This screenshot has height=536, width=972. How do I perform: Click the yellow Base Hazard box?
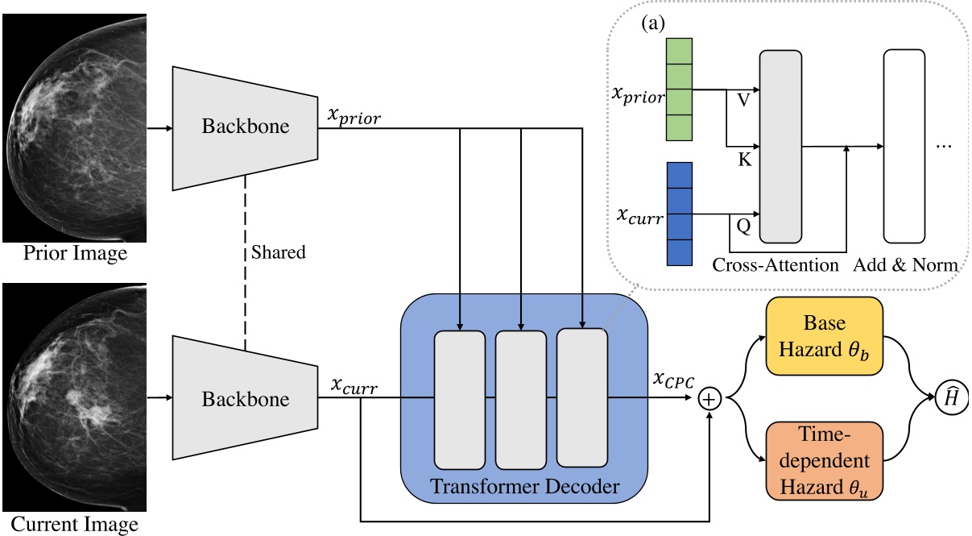824,336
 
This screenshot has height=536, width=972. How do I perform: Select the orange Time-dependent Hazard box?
824,461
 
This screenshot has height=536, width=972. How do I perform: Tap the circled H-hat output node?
951,398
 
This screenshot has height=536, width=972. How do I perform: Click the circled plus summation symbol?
709,399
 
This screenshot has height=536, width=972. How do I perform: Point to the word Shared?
278,252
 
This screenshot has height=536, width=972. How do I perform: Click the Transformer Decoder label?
524,486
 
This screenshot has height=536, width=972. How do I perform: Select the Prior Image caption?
75,253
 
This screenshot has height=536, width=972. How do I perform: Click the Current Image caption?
74,524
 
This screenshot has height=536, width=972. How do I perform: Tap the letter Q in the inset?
743,226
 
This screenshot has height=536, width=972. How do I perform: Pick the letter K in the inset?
745,160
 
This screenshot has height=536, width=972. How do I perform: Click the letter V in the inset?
743,100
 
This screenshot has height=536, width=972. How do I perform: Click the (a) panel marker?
653,23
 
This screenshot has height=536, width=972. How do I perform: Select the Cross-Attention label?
776,265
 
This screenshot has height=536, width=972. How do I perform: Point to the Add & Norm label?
906,265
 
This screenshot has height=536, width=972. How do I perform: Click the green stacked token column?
679,89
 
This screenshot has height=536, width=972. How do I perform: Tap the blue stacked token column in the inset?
680,214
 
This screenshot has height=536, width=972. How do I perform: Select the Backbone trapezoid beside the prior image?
245,128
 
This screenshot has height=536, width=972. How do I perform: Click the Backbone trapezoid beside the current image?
245,397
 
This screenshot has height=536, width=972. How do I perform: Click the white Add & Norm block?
904,146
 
